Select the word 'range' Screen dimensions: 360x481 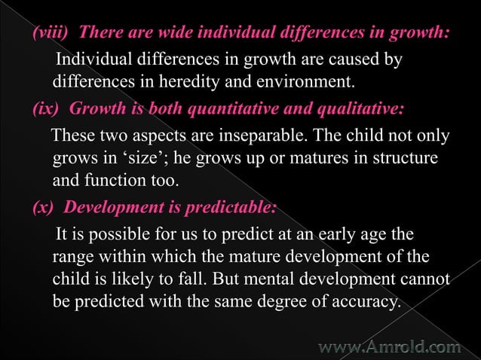pyautogui.click(x=73, y=258)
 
